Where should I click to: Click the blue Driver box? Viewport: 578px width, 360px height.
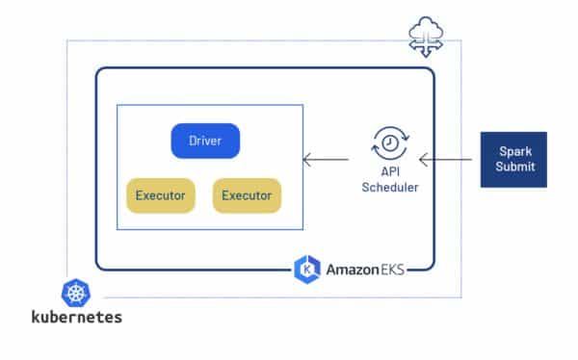coord(205,141)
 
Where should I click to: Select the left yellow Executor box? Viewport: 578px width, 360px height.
coord(161,195)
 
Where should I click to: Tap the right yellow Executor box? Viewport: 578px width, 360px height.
coord(247,195)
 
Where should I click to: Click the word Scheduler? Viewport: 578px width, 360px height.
coord(389,187)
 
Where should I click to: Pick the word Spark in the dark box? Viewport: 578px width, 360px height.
coord(513,152)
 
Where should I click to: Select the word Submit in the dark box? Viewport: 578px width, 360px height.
coord(513,167)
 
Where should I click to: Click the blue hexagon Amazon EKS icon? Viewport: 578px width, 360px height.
coord(306,269)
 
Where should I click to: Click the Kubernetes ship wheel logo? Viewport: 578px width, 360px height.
coord(76,294)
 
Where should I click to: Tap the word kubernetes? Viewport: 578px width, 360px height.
coord(77,317)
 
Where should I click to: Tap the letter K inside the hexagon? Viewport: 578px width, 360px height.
coord(306,269)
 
